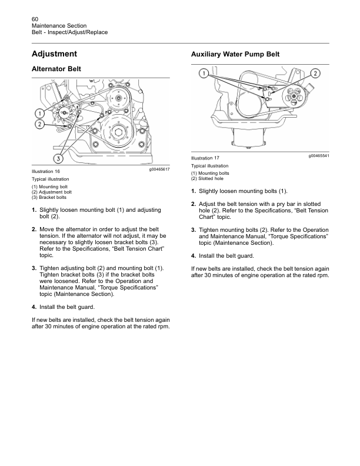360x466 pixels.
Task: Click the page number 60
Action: (35, 19)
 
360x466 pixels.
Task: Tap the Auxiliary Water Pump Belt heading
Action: (235, 54)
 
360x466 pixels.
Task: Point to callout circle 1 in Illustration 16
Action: (40, 113)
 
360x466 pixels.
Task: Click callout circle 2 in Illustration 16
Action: (40, 124)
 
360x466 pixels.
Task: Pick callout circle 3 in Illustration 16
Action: (59, 157)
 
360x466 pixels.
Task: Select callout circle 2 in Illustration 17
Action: (315, 74)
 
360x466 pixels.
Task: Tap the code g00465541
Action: (318, 155)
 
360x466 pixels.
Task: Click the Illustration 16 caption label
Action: (46, 171)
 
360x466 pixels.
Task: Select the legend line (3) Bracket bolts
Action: (49, 197)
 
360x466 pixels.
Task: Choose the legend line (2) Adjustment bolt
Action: (52, 192)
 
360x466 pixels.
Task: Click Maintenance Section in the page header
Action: (59, 26)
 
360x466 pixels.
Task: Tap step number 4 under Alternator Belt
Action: (34, 307)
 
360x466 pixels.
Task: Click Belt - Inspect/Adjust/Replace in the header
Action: (69, 32)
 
